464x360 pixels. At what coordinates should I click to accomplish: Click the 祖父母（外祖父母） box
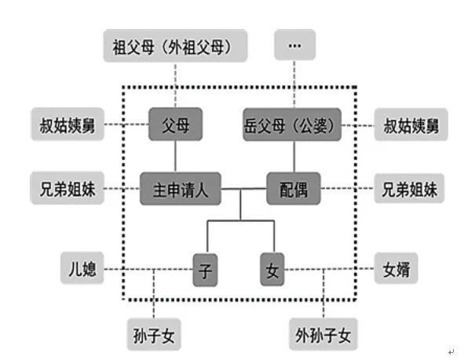pyautogui.click(x=175, y=45)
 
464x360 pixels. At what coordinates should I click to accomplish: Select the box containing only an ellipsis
pyautogui.click(x=294, y=45)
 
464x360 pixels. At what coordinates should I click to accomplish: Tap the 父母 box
pyautogui.click(x=176, y=124)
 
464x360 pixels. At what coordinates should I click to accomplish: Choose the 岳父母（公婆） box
pyautogui.click(x=292, y=125)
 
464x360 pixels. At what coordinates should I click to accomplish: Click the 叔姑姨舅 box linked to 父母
pyautogui.click(x=68, y=124)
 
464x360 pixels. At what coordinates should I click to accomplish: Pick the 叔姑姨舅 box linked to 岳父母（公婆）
pyautogui.click(x=411, y=125)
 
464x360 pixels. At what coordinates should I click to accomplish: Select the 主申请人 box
pyautogui.click(x=181, y=188)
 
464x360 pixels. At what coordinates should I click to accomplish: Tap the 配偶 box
pyautogui.click(x=294, y=188)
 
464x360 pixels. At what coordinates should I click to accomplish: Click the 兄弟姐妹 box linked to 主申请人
pyautogui.click(x=68, y=188)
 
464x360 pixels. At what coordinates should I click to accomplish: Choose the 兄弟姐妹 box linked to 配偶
pyautogui.click(x=409, y=188)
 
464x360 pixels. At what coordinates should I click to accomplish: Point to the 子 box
pyautogui.click(x=205, y=270)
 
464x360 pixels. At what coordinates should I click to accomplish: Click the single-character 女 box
pyautogui.click(x=272, y=269)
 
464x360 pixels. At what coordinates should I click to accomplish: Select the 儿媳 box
pyautogui.click(x=82, y=268)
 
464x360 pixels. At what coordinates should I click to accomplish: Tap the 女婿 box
pyautogui.click(x=396, y=268)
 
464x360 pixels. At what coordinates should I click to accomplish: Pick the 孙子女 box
pyautogui.click(x=154, y=334)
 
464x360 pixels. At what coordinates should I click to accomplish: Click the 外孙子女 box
pyautogui.click(x=323, y=334)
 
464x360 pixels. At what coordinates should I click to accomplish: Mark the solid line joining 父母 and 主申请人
pyautogui.click(x=176, y=156)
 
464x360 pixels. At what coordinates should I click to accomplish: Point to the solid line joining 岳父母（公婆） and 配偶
pyautogui.click(x=294, y=157)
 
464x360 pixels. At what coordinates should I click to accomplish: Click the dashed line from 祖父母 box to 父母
pyautogui.click(x=176, y=85)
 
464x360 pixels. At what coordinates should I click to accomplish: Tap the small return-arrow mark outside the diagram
pyautogui.click(x=451, y=351)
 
